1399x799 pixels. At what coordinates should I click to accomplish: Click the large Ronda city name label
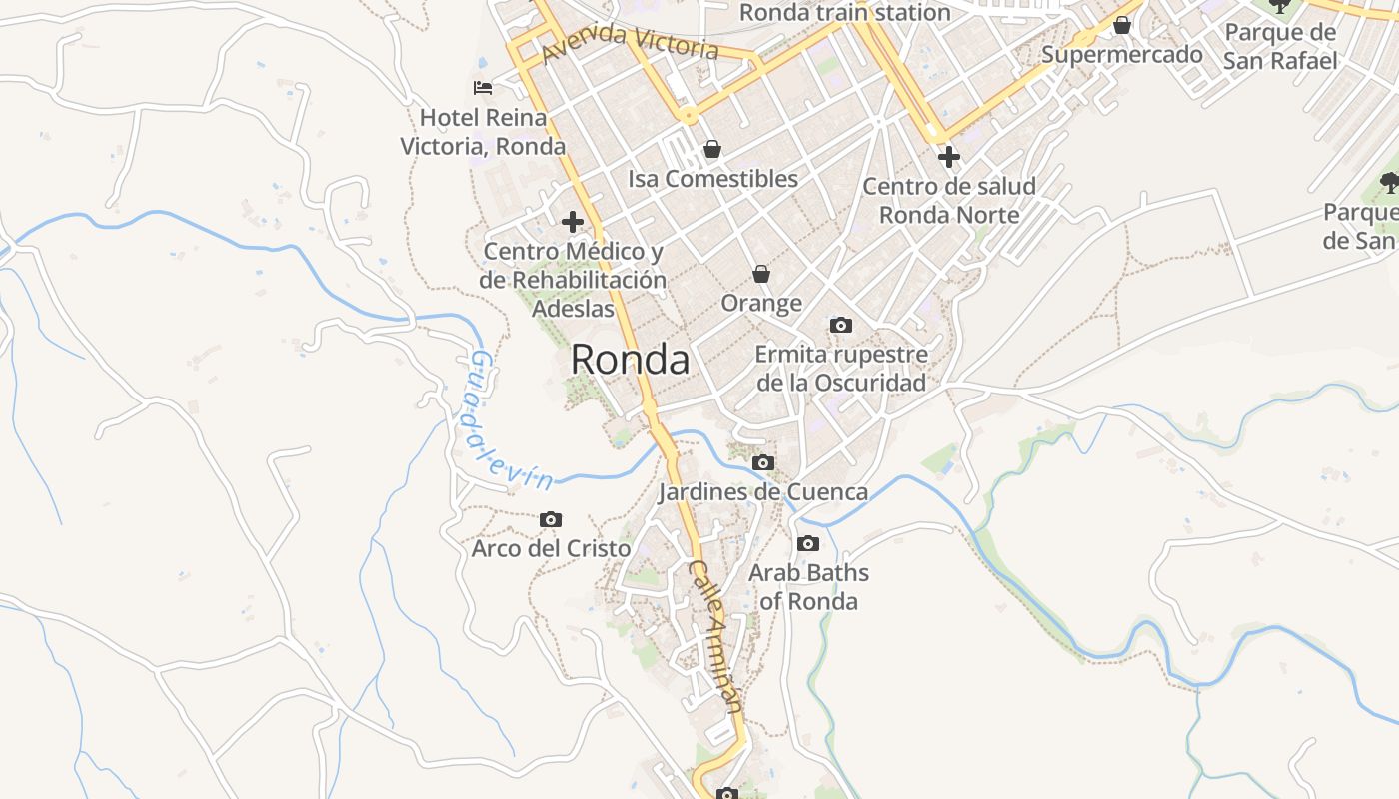630,360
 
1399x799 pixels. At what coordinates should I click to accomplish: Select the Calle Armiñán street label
716,636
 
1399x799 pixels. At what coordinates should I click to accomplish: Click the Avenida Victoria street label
631,42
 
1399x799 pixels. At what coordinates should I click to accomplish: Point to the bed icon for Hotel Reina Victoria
483,88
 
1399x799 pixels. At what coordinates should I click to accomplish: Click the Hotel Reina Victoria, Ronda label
484,132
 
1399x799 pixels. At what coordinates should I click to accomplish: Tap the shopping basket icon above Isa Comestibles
712,150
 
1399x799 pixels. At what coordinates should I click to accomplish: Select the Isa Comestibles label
712,179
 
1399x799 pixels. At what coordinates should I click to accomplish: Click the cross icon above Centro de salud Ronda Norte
949,157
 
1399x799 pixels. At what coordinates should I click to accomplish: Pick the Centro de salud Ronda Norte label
949,200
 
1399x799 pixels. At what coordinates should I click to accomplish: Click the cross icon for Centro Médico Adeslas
573,222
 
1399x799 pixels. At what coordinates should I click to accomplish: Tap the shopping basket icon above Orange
761,274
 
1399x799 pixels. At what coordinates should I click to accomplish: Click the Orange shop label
761,303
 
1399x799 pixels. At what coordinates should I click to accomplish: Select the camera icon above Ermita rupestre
841,325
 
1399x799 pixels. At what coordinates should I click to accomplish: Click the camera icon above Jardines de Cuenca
763,463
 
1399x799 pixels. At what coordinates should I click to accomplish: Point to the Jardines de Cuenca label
763,492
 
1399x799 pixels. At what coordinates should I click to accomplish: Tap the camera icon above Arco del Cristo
551,520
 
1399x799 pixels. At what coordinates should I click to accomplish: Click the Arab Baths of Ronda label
808,587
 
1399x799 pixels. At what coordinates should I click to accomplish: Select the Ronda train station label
844,13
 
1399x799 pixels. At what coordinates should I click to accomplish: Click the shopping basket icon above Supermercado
1122,25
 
